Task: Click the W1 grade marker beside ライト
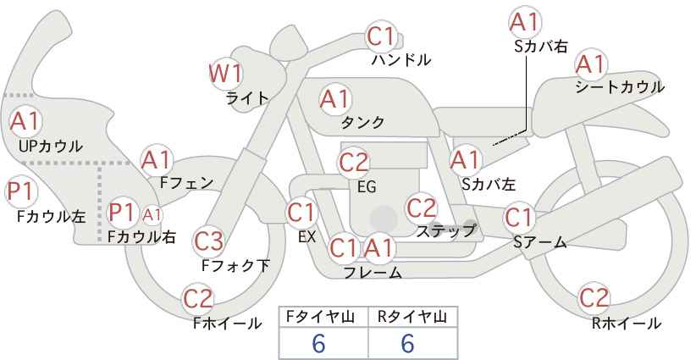click(226, 74)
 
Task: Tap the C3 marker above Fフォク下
click(208, 241)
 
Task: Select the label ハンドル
click(401, 59)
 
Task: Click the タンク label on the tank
click(362, 122)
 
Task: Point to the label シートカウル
click(620, 87)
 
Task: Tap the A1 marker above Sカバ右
click(525, 22)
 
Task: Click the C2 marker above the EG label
click(354, 163)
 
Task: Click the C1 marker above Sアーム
click(519, 218)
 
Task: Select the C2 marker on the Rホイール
click(594, 297)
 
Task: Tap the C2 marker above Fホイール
click(198, 299)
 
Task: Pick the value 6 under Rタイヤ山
click(407, 344)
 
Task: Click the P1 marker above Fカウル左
click(20, 192)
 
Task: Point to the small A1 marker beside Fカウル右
click(152, 215)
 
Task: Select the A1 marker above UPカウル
click(25, 121)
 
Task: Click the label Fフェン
click(186, 183)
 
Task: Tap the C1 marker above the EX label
click(301, 213)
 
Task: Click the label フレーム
click(373, 272)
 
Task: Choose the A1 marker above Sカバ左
click(465, 160)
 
